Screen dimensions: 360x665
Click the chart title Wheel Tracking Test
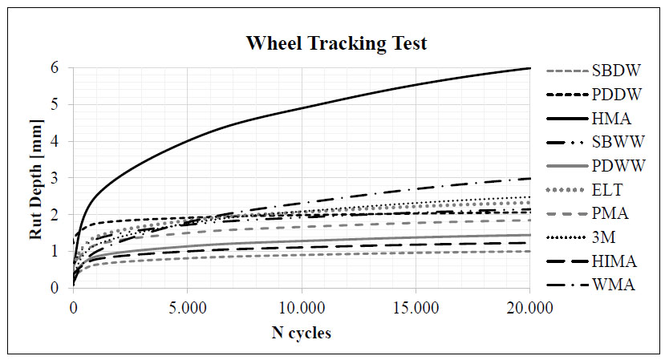336,43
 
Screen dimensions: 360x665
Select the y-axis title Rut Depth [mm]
35,178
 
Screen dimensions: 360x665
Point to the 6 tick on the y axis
55,68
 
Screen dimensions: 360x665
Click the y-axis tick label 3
55,178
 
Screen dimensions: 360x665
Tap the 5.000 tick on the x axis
187,305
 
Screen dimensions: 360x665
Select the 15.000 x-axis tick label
416,305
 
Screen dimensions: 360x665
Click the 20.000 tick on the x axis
529,305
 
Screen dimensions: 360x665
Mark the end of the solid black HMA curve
529,68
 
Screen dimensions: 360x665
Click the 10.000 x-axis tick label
301,305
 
